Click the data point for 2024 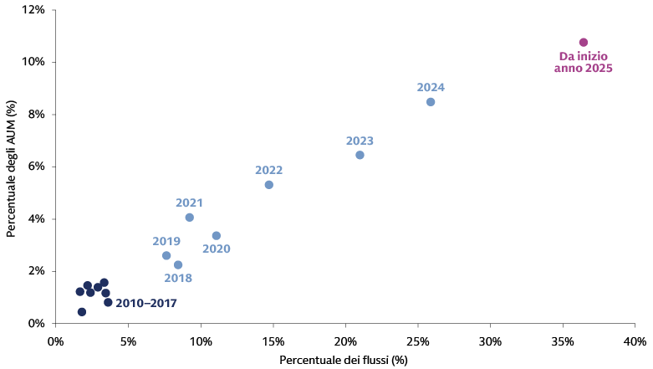(x=431, y=102)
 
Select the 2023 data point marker (x=360, y=155)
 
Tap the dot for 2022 (x=268, y=184)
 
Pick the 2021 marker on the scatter (x=189, y=218)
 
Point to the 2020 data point (x=216, y=236)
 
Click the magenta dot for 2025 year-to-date (x=584, y=43)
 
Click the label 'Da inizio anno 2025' (x=584, y=62)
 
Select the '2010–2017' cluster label (x=146, y=303)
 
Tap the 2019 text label (x=166, y=242)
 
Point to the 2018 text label (x=178, y=278)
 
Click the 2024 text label (x=431, y=87)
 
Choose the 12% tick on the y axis (x=33, y=10)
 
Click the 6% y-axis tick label (x=36, y=167)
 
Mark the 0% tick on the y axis (x=36, y=323)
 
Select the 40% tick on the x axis (x=635, y=341)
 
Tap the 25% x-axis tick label (x=417, y=341)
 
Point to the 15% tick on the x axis (x=273, y=341)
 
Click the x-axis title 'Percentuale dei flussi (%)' (x=344, y=360)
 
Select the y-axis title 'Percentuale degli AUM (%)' (x=12, y=167)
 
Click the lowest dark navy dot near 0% (x=81, y=311)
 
